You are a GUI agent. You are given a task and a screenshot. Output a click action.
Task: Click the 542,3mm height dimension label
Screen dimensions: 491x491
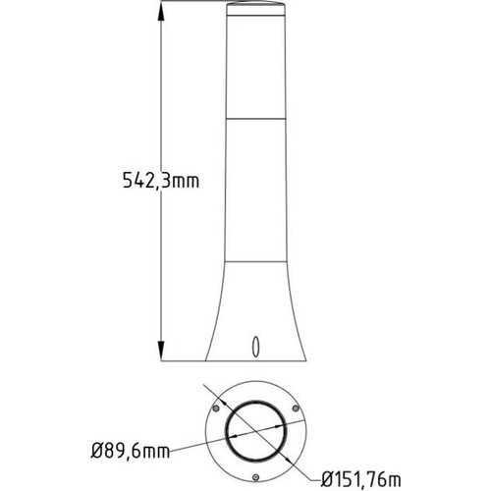[159, 181]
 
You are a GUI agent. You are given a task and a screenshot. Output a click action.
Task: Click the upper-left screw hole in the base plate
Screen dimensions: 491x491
[213, 405]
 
